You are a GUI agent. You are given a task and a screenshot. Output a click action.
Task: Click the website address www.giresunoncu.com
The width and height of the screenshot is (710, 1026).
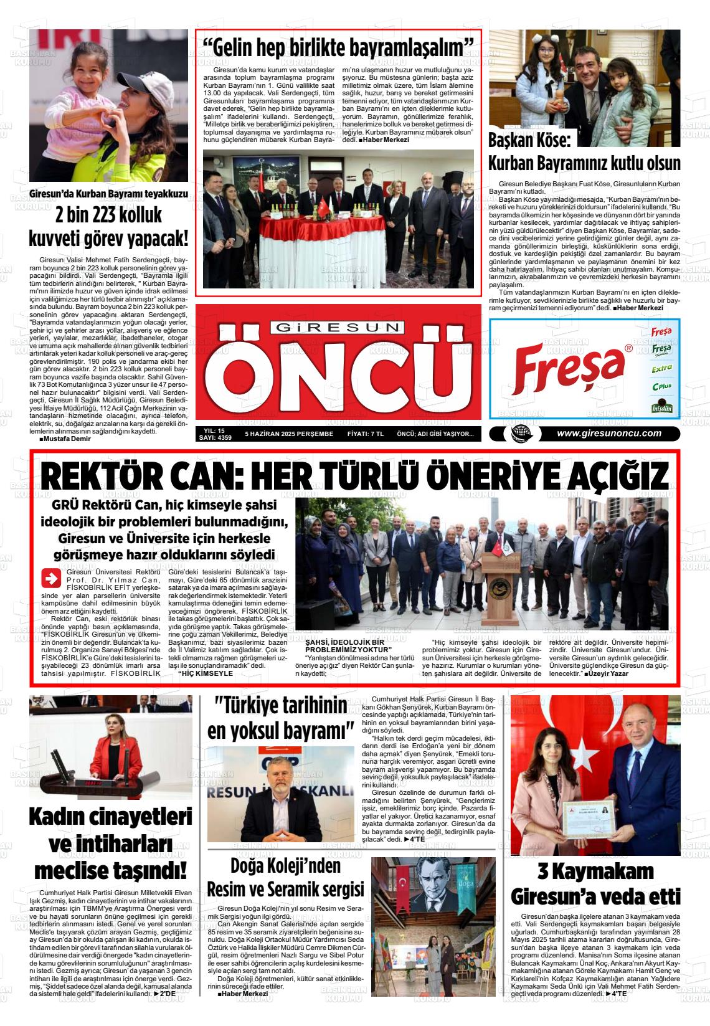coord(608,434)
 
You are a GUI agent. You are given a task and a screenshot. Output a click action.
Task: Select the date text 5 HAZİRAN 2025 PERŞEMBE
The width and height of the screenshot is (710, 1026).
coord(289,434)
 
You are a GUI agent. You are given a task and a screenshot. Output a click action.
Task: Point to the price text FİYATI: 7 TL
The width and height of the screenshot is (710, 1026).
coord(365,434)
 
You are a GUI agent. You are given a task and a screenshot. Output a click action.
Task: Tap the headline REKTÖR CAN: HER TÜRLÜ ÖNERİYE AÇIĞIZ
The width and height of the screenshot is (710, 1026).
coord(355,478)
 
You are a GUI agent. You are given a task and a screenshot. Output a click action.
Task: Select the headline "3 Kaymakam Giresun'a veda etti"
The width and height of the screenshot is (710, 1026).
coord(595,883)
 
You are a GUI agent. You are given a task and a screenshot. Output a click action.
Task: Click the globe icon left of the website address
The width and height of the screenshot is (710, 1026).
coord(518,435)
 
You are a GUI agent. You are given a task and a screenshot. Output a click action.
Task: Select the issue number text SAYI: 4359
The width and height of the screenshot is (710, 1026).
coord(215,438)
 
